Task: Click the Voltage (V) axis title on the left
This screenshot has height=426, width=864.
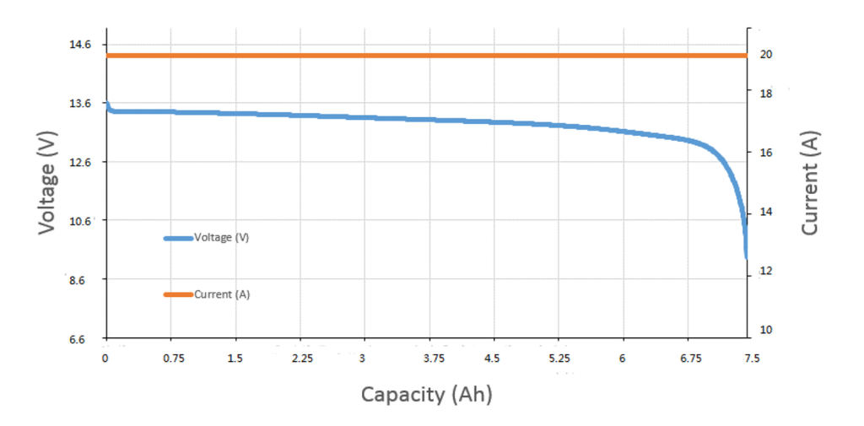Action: [47, 181]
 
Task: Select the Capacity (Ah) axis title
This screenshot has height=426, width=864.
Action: [426, 394]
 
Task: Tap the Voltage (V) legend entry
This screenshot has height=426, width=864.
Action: [221, 238]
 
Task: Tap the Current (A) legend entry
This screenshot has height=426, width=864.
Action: [221, 294]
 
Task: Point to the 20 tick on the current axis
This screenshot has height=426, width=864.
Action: [769, 54]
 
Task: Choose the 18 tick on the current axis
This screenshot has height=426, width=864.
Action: [769, 94]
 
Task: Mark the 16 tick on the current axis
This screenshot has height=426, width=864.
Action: [769, 153]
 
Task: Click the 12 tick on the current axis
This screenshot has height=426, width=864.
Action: [769, 271]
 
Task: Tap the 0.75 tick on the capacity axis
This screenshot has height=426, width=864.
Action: [173, 358]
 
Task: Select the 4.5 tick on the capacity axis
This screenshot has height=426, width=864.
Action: [492, 358]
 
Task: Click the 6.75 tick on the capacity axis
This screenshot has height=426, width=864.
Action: [690, 358]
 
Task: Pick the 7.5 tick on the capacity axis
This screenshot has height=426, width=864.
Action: [751, 358]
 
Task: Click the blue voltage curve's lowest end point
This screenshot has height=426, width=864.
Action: [746, 257]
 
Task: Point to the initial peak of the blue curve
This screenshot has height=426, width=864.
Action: [106, 103]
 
